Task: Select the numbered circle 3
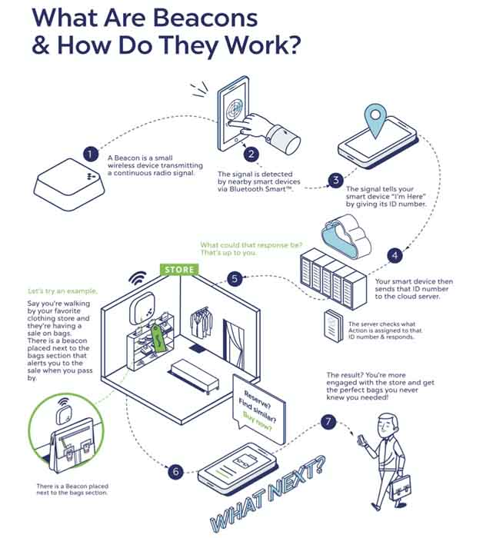(335, 180)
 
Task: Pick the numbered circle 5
(237, 281)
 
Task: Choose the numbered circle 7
(328, 422)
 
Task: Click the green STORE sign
(179, 271)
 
